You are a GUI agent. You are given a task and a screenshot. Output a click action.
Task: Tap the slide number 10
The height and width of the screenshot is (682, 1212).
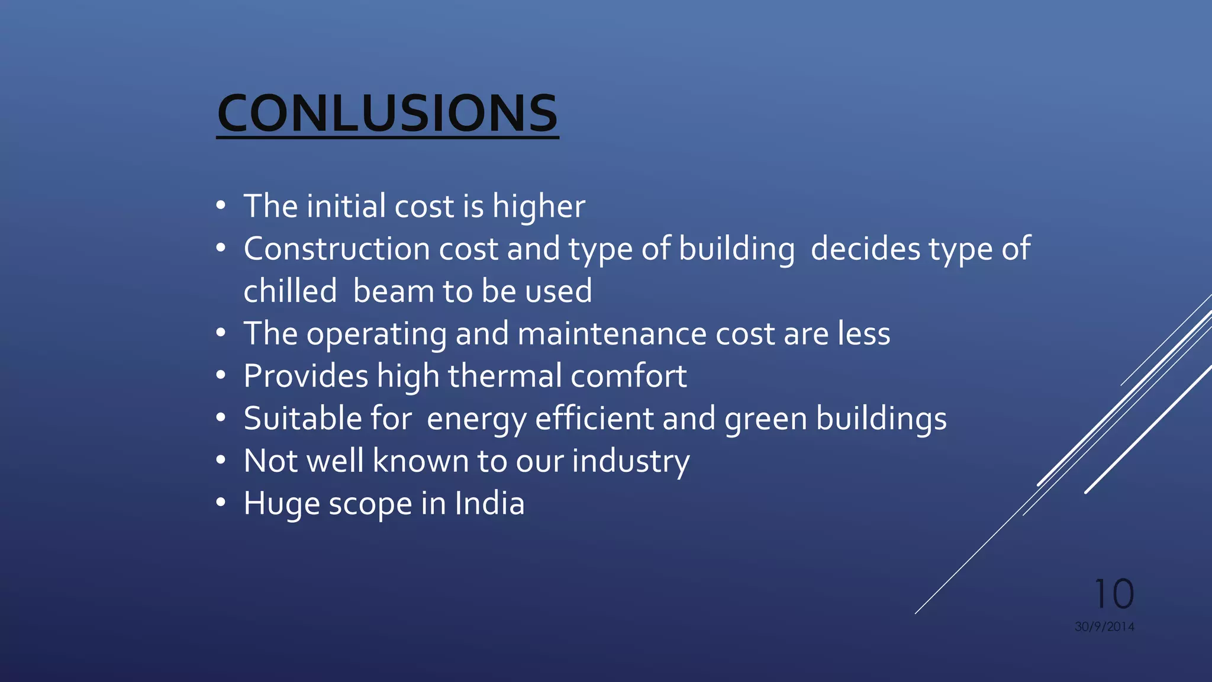tap(1114, 594)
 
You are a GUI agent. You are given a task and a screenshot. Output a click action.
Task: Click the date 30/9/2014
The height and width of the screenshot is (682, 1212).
tap(1104, 626)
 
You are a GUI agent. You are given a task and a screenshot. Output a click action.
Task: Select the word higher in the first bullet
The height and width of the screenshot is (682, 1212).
tap(539, 207)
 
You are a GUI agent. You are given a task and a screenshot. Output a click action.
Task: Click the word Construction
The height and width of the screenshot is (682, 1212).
tap(336, 249)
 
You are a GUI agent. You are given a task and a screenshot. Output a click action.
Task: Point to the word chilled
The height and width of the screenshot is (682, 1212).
tap(290, 291)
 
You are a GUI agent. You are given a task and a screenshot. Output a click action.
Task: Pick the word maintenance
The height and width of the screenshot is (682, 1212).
tap(612, 334)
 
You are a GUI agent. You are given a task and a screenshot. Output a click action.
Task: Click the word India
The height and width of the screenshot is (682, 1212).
tap(489, 504)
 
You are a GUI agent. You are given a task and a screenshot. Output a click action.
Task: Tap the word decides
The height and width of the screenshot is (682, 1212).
tap(865, 249)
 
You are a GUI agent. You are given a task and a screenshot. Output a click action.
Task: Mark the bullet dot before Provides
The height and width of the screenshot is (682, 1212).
tap(221, 375)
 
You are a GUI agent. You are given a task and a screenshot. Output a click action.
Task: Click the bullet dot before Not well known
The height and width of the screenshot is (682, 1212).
tap(221, 460)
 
